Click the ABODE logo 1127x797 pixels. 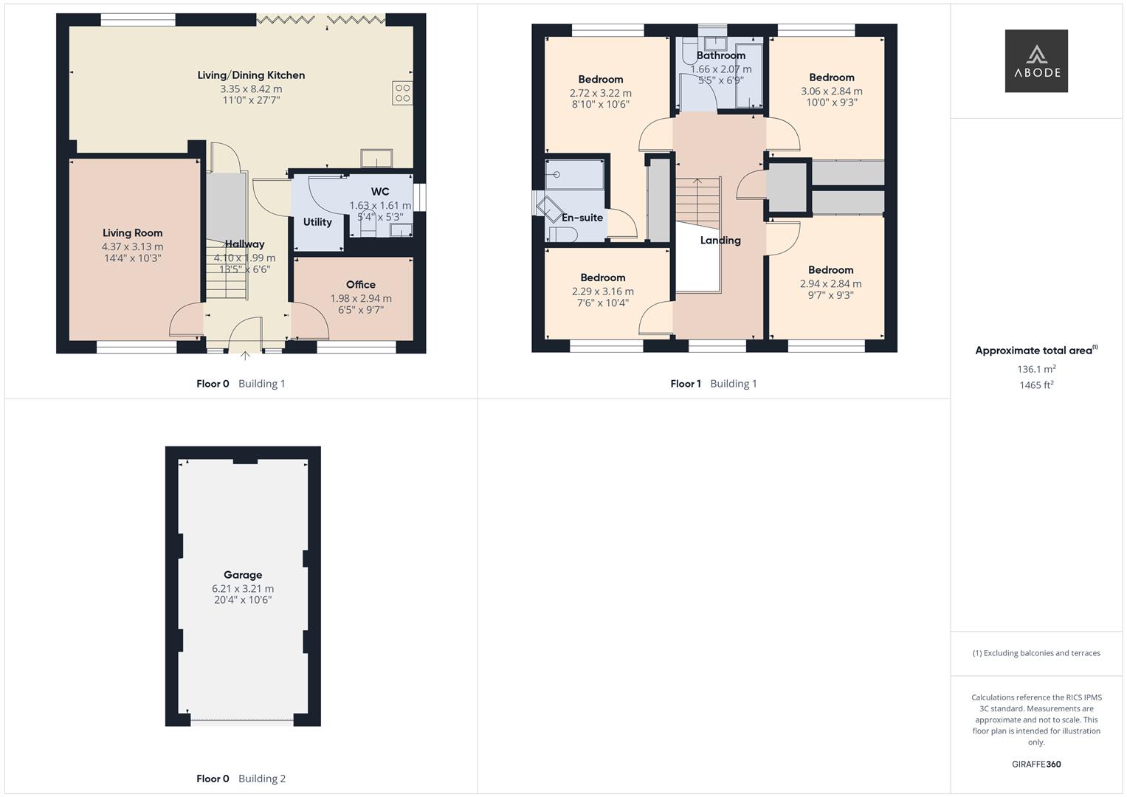click(1035, 61)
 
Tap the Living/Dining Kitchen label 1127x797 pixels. click(251, 75)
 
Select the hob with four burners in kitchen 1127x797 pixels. click(402, 93)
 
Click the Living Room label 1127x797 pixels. click(132, 233)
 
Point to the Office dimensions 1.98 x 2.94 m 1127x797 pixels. click(361, 298)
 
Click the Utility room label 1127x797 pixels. click(317, 222)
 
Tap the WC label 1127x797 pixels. click(380, 192)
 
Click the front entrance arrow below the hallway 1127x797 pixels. click(245, 356)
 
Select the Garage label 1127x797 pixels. click(243, 575)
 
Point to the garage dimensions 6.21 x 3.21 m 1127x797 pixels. click(243, 589)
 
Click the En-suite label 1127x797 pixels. click(582, 218)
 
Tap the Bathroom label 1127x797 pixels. click(720, 55)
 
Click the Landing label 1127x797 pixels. click(720, 241)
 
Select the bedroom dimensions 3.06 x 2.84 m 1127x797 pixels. click(831, 92)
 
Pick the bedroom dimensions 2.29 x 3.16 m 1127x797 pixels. click(602, 291)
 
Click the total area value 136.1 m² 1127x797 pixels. click(1036, 369)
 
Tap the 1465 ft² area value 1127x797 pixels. click(1036, 385)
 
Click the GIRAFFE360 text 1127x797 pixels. click(1036, 765)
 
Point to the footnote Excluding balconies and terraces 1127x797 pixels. click(1036, 653)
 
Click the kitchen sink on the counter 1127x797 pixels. click(377, 159)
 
